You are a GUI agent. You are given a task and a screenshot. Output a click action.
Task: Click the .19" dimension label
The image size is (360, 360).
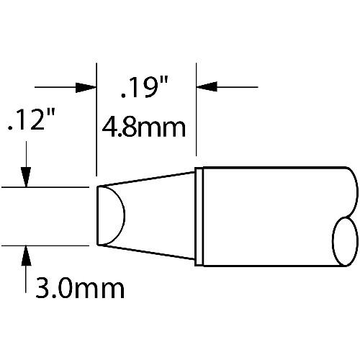pyautogui.click(x=145, y=87)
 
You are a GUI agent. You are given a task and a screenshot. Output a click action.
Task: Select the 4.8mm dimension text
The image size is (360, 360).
pyautogui.click(x=144, y=127)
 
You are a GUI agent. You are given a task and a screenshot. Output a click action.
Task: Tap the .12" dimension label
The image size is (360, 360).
pyautogui.click(x=31, y=120)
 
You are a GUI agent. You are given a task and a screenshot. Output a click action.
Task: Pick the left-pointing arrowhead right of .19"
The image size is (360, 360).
pyautogui.click(x=207, y=86)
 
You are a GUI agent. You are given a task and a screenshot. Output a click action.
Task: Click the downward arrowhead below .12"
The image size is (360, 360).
pyautogui.click(x=26, y=177)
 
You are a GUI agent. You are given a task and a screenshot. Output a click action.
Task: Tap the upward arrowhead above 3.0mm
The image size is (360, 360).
pyautogui.click(x=26, y=256)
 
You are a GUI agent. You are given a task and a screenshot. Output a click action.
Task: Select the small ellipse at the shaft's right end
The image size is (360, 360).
pyautogui.click(x=345, y=241)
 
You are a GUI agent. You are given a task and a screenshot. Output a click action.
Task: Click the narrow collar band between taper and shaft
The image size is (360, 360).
pyautogui.click(x=199, y=217)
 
